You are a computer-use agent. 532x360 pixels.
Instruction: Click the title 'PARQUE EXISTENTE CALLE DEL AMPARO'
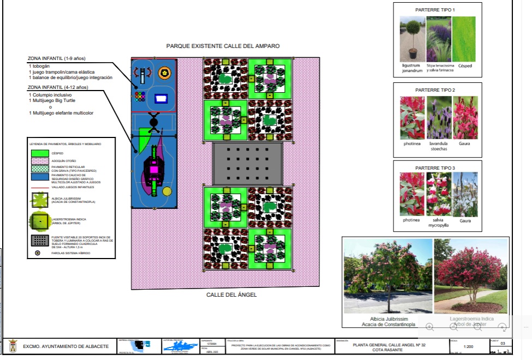[223, 46]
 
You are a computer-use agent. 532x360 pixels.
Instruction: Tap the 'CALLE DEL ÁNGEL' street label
[231, 295]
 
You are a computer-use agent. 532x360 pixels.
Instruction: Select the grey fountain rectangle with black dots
[248, 163]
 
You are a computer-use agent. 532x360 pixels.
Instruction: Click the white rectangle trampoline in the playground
[161, 99]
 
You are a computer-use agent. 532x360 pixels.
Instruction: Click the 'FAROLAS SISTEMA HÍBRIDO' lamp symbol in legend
[38, 253]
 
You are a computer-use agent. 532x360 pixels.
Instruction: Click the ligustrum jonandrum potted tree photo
[411, 38]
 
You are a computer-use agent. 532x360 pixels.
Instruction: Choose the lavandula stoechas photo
[439, 117]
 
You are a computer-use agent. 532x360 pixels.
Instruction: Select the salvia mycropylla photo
[439, 194]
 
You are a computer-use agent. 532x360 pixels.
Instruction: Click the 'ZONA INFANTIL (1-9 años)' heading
[57, 58]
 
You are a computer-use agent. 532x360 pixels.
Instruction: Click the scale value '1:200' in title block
[468, 346]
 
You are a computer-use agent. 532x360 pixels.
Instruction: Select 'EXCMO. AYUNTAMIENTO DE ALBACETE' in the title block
[65, 346]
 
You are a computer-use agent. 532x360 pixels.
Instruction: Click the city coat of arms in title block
[12, 346]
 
